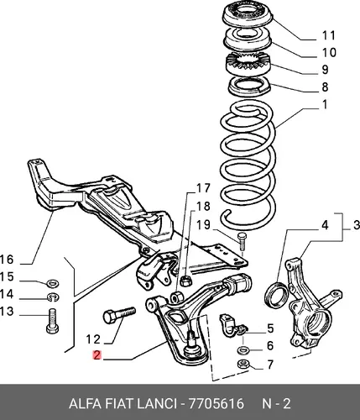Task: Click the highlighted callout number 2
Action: pyautogui.click(x=97, y=355)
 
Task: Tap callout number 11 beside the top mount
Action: pyautogui.click(x=329, y=35)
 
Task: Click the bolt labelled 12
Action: pyautogui.click(x=119, y=315)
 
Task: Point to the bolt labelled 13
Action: pyautogui.click(x=52, y=321)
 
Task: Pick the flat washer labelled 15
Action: pyautogui.click(x=52, y=283)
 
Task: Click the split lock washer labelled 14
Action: pyautogui.click(x=53, y=297)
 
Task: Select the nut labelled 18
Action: pyautogui.click(x=185, y=281)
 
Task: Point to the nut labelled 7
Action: pyautogui.click(x=243, y=364)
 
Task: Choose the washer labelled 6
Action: pyautogui.click(x=243, y=349)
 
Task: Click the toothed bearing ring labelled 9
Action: pyautogui.click(x=247, y=65)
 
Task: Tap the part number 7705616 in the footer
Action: pyautogui.click(x=217, y=403)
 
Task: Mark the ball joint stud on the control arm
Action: pyautogui.click(x=191, y=339)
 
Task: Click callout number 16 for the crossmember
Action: pyautogui.click(x=7, y=260)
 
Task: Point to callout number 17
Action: pyautogui.click(x=203, y=188)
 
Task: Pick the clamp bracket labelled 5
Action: pyautogui.click(x=231, y=326)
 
